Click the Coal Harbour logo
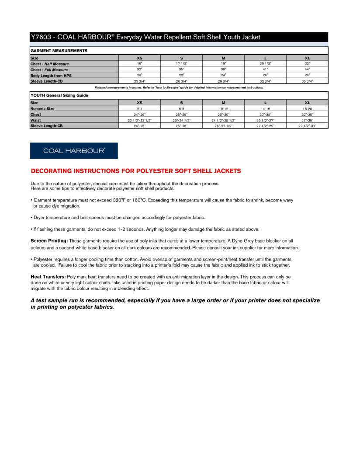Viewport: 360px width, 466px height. point(73,151)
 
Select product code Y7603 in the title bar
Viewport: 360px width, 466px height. point(41,37)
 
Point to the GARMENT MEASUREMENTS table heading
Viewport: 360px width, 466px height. point(59,51)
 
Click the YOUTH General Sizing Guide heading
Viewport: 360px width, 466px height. point(59,95)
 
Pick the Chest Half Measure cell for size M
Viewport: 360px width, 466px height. point(223,64)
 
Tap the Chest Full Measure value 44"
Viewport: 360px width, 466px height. point(307,70)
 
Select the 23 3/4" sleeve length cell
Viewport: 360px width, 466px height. point(139,81)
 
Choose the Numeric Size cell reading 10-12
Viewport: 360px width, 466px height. point(223,108)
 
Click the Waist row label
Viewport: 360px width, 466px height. point(35,120)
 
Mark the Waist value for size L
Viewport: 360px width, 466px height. point(265,120)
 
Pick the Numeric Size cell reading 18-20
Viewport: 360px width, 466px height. point(307,108)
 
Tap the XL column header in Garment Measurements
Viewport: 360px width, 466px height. point(307,58)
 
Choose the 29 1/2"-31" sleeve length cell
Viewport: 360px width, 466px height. point(307,126)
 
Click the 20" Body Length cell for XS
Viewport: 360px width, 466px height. point(139,75)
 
